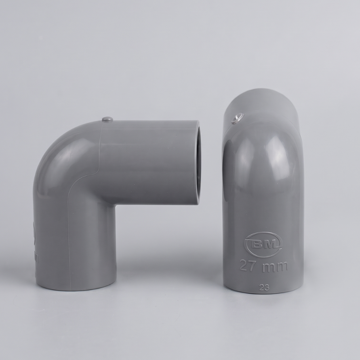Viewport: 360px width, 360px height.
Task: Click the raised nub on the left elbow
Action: click(108, 119)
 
